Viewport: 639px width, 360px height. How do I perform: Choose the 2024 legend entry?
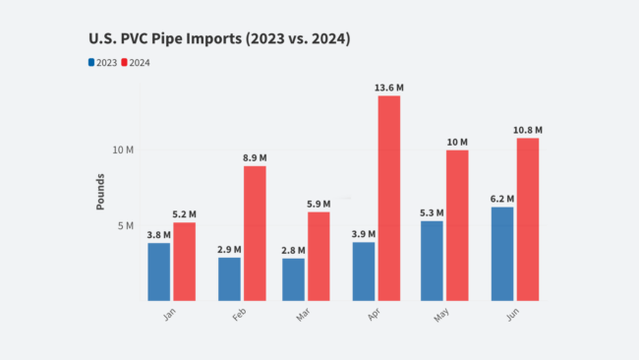tap(137, 63)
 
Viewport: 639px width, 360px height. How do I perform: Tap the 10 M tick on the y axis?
tap(123, 150)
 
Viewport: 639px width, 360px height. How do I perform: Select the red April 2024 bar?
tap(388, 197)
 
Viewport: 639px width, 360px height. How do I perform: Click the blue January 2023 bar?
tap(159, 270)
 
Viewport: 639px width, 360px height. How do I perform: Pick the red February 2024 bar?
tap(255, 232)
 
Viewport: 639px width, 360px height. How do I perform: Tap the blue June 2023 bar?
tap(501, 253)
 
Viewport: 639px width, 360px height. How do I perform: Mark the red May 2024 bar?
tap(456, 224)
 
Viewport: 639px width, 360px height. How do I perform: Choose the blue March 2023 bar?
tap(293, 278)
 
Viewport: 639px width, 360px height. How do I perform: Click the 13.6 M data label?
tap(388, 88)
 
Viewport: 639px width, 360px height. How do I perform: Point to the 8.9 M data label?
tap(255, 157)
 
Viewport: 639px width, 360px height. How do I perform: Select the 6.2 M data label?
tap(501, 198)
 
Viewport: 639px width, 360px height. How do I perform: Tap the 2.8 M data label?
tap(293, 250)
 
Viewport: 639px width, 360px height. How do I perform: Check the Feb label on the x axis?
tap(239, 318)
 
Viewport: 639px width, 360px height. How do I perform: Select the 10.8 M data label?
tap(527, 130)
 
